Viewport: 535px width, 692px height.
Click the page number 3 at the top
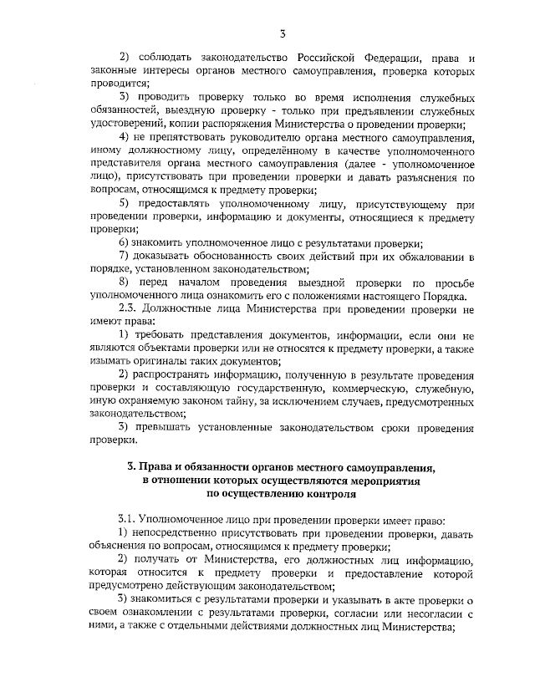tap(283, 33)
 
